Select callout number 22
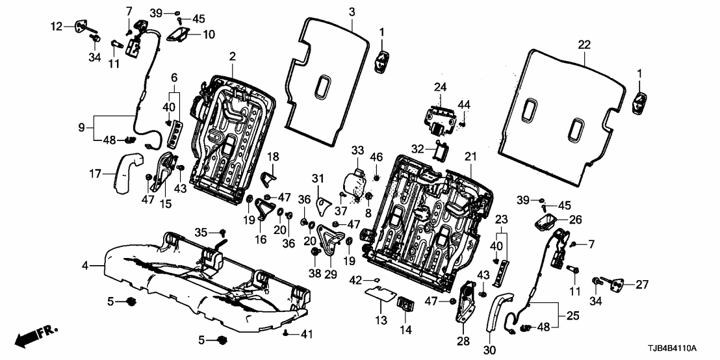(x=584, y=44)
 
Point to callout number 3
(x=352, y=12)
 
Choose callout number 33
(x=357, y=151)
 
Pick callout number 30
(x=489, y=350)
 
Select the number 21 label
(x=470, y=156)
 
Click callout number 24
(x=441, y=87)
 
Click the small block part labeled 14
(x=407, y=303)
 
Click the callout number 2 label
(x=232, y=58)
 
